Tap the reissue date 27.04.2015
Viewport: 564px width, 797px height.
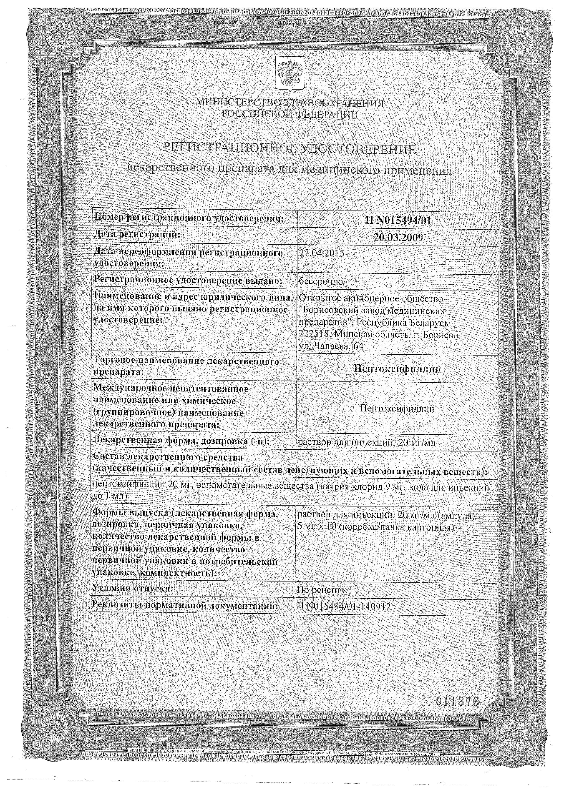point(322,253)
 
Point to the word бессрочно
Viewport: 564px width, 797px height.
point(321,281)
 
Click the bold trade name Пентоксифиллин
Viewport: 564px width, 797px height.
point(398,369)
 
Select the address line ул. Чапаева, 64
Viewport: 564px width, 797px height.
point(331,346)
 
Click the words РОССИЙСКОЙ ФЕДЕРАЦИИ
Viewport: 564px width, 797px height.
point(290,115)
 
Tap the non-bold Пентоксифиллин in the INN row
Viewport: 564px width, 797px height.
point(398,409)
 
